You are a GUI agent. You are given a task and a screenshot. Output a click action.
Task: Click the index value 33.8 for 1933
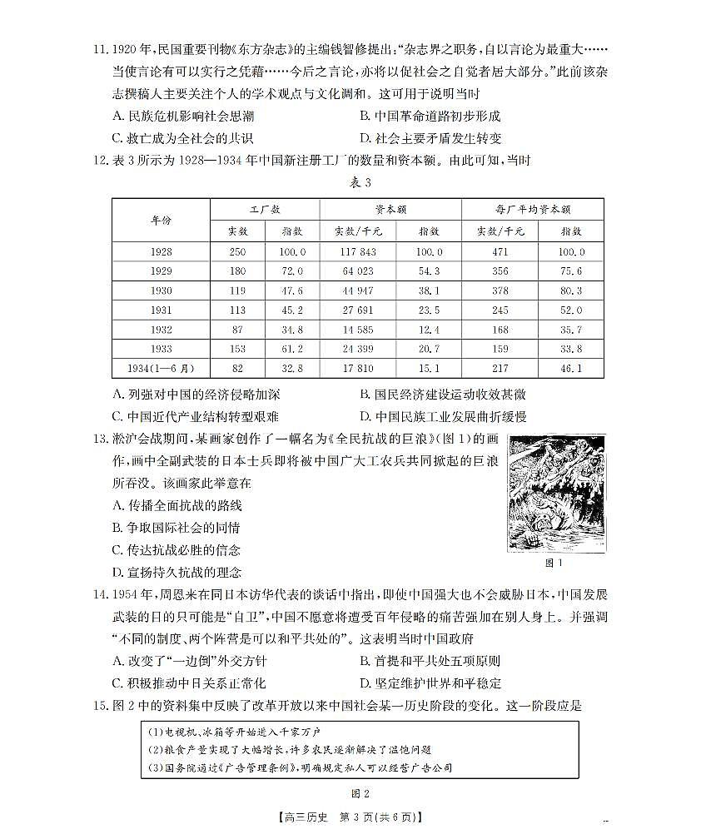(x=572, y=348)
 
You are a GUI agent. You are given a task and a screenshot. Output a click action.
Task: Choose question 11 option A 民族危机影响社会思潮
(x=181, y=116)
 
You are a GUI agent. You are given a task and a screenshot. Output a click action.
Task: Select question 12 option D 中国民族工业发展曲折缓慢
(x=442, y=416)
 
